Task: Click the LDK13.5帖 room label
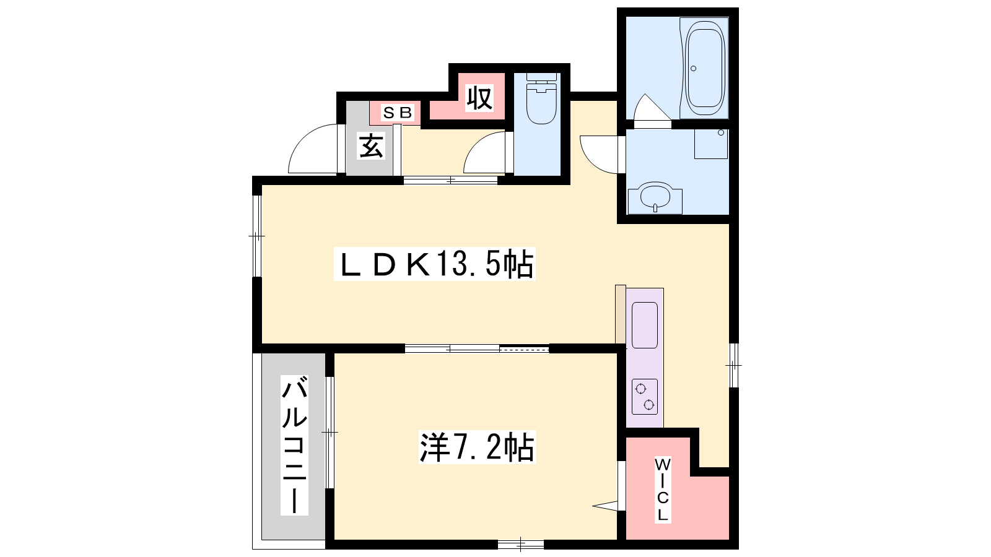(x=434, y=264)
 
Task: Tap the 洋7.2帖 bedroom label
(x=477, y=447)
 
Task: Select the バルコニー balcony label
(x=294, y=445)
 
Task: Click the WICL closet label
(x=662, y=490)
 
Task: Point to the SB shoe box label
(x=397, y=113)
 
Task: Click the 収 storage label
(x=479, y=98)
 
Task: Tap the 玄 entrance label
(x=371, y=145)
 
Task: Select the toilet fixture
(x=541, y=98)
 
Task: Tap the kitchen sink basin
(x=645, y=325)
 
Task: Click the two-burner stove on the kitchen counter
(x=645, y=397)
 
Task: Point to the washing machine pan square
(x=711, y=144)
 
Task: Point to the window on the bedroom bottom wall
(x=521, y=544)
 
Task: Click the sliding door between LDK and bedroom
(x=477, y=349)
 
